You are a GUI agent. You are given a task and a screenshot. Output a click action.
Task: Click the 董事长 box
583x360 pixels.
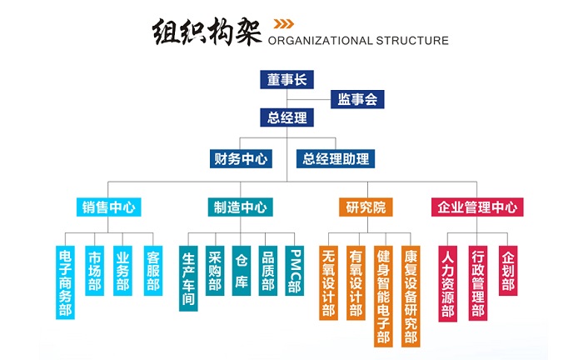286,81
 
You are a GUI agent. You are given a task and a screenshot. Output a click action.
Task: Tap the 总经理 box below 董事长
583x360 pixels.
286,118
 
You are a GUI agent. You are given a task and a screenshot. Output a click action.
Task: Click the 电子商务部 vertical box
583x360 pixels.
66,282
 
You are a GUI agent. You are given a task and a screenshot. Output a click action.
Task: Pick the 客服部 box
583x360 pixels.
152,271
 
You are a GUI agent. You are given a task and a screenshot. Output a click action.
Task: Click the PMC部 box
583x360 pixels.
294,271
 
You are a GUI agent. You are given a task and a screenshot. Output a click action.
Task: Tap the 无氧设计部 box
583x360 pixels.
330,282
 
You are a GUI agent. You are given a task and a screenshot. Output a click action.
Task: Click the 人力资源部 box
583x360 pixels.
448,284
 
